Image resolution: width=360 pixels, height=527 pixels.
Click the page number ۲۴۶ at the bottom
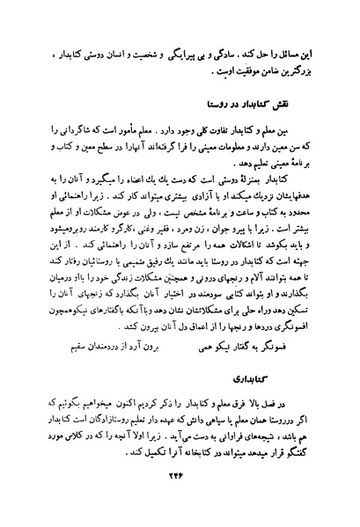[180, 491]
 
